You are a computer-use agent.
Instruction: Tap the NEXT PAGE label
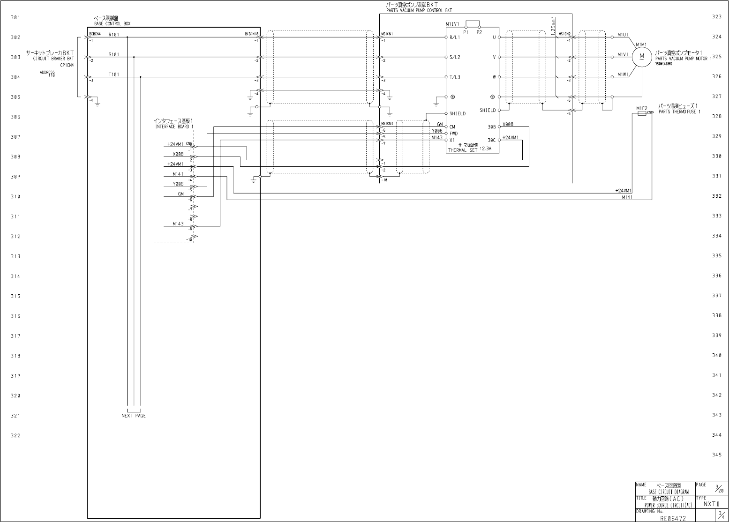[x=134, y=416]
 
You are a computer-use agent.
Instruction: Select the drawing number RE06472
[x=673, y=518]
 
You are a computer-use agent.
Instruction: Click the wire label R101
[x=114, y=35]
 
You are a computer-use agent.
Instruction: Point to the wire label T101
[x=114, y=75]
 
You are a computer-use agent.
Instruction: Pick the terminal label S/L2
[x=455, y=57]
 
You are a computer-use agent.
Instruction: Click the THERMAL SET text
[x=463, y=150]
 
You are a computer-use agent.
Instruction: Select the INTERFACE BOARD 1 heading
[x=174, y=127]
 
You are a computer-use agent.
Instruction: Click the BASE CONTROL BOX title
[x=113, y=23]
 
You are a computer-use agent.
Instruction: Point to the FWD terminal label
[x=453, y=134]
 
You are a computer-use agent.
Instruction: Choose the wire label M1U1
[x=623, y=35]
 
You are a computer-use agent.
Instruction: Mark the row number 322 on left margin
[x=15, y=435]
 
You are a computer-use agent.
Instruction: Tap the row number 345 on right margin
[x=717, y=455]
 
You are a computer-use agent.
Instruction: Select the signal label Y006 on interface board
[x=178, y=184]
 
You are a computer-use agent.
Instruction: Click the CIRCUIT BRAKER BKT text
[x=53, y=59]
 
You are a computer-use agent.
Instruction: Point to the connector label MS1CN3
[x=387, y=124]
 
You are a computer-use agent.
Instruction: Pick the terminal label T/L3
[x=455, y=77]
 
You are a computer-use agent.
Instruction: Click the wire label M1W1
[x=623, y=75]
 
